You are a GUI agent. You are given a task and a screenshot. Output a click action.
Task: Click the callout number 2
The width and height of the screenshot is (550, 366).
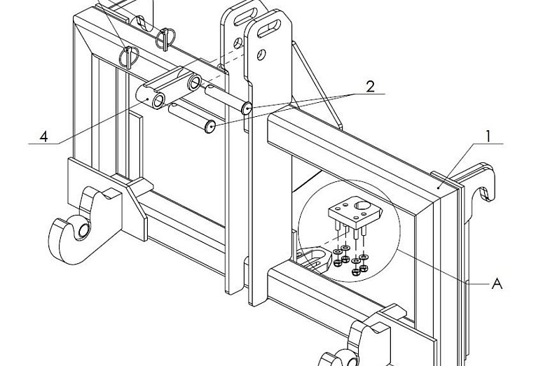tap(370, 87)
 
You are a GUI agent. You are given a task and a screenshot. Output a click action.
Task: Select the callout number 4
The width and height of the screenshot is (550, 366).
tap(43, 136)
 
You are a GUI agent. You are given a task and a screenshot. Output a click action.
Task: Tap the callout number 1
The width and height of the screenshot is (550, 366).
tap(488, 136)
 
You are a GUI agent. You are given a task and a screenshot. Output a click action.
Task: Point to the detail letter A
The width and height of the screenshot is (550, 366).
tap(497, 283)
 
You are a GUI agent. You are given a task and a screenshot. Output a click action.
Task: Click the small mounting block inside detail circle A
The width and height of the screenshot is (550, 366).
tap(355, 211)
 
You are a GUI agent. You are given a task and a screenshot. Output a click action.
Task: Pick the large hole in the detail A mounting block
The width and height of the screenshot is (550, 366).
tap(362, 205)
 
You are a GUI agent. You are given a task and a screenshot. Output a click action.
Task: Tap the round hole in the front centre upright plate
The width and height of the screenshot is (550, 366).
tap(261, 55)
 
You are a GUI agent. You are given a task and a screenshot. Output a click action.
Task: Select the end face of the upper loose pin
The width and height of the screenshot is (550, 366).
tap(247, 108)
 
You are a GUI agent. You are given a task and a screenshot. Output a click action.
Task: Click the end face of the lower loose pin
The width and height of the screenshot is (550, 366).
tap(210, 127)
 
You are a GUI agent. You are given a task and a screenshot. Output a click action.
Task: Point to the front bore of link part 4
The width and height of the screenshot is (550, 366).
tap(158, 101)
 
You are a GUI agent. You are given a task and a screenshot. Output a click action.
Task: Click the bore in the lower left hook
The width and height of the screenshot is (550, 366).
tap(84, 230)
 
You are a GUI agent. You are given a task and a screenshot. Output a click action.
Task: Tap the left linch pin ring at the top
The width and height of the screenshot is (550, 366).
tap(128, 57)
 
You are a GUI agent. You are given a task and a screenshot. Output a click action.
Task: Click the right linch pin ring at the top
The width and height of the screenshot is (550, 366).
tap(165, 38)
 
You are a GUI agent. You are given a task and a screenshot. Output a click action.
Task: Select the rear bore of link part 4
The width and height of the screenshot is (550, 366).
tap(194, 82)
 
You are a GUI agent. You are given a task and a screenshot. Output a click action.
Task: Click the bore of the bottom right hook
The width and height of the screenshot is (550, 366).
tap(352, 360)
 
